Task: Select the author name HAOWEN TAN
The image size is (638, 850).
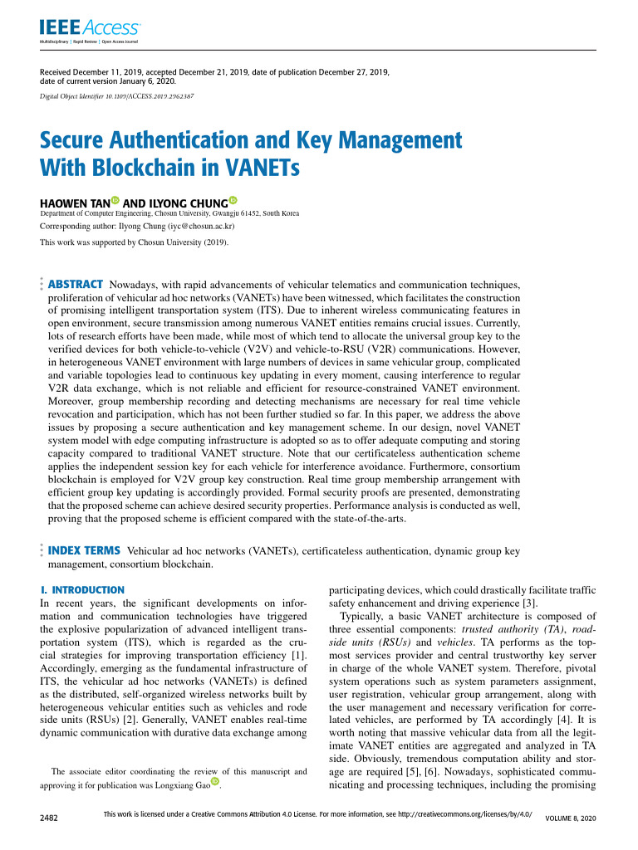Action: point(75,202)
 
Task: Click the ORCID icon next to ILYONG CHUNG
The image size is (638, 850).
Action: point(233,201)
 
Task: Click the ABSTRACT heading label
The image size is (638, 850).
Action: point(76,284)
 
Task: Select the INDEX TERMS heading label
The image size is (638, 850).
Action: point(85,550)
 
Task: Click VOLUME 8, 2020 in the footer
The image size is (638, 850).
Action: point(570,818)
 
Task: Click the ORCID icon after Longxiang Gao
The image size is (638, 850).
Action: point(214,782)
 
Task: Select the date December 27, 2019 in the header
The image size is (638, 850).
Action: point(346,73)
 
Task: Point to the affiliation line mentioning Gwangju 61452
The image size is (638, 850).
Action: point(170,213)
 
